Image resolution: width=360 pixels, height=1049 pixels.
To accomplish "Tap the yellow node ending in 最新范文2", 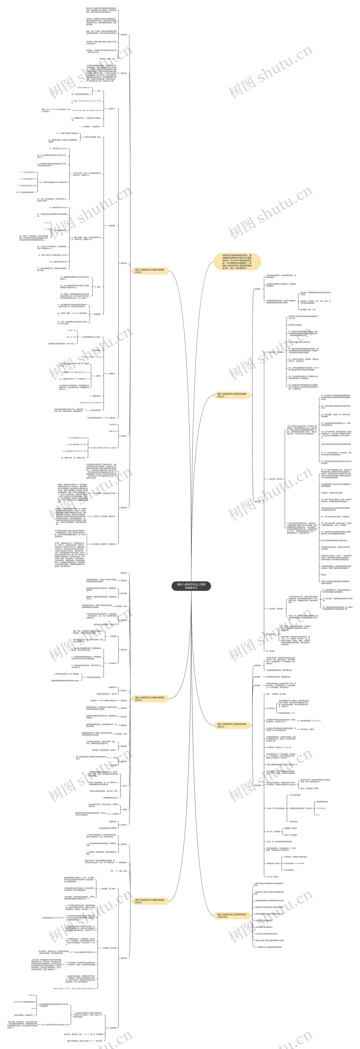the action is tap(231, 395).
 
